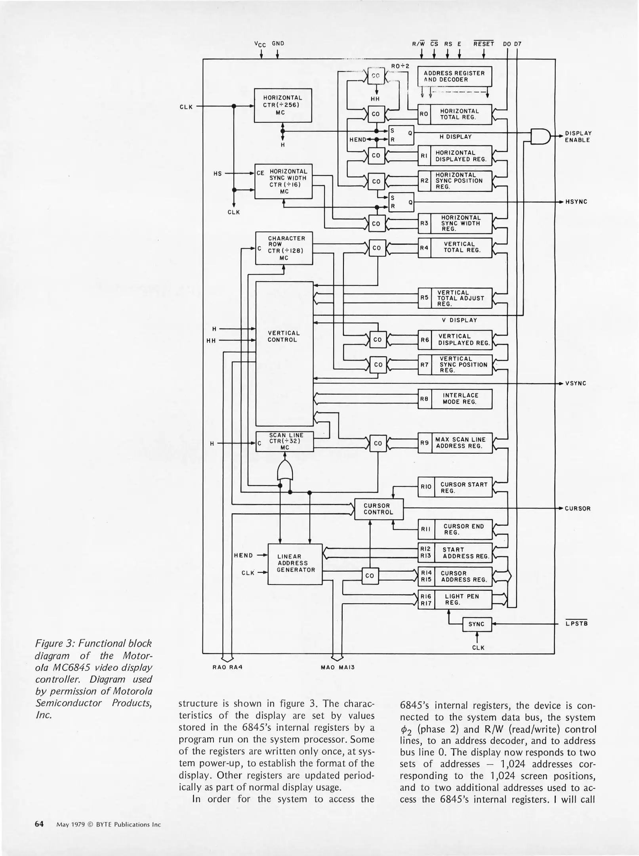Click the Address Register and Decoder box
click(x=454, y=76)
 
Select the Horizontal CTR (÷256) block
click(x=282, y=105)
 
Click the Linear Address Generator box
click(x=295, y=563)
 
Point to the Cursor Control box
click(x=378, y=509)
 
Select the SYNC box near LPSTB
click(x=477, y=624)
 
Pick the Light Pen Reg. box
click(x=462, y=599)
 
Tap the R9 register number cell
click(x=425, y=443)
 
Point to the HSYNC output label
click(x=576, y=202)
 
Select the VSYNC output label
click(x=576, y=384)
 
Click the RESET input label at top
click(x=484, y=44)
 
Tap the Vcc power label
click(x=260, y=44)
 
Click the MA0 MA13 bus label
click(x=338, y=667)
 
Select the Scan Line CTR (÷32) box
click(x=284, y=441)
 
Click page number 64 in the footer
click(x=39, y=824)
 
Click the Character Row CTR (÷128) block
click(x=284, y=248)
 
